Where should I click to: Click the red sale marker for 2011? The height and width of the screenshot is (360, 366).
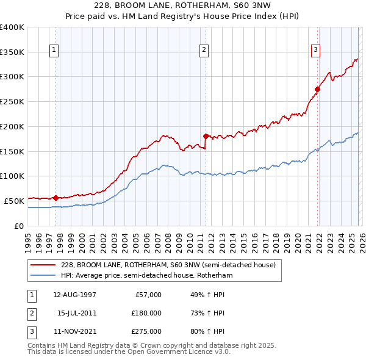coord(206,136)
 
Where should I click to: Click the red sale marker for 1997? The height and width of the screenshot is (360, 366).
coord(56,198)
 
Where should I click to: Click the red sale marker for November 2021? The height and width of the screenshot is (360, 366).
coord(317,89)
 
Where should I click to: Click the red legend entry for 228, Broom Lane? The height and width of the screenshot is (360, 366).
coord(168,265)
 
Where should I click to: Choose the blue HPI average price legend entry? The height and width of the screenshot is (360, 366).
coord(146,276)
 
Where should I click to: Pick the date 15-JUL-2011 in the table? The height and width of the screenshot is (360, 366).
coord(75,313)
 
